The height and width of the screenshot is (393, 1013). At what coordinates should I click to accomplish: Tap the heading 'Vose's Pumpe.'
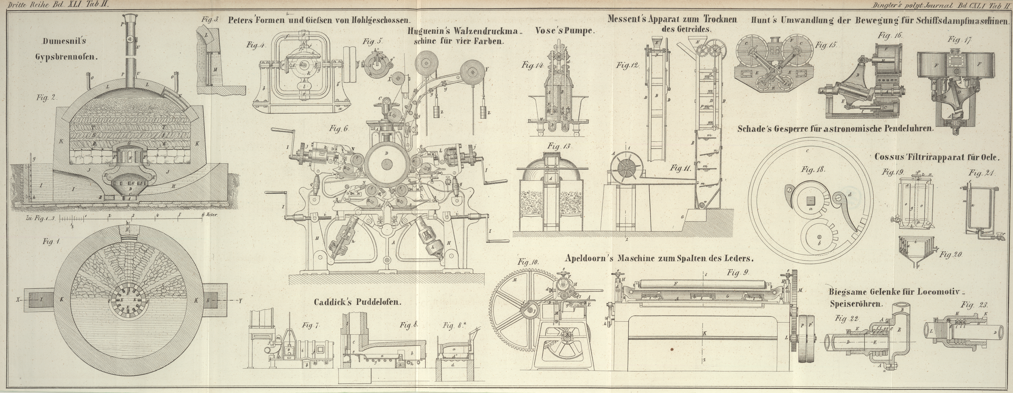[565, 31]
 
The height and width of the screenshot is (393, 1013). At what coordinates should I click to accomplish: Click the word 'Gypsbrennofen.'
[66, 56]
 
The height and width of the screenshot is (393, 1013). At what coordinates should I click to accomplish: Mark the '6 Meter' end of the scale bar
[209, 216]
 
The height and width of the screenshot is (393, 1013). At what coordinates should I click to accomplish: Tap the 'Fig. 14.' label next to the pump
[533, 66]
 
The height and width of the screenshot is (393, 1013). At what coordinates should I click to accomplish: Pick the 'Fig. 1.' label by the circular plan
[51, 242]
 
